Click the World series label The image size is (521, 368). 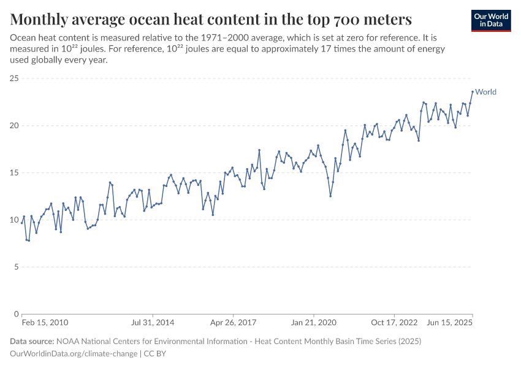tap(485, 92)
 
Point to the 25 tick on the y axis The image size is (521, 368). tap(14, 79)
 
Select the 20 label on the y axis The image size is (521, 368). tap(14, 126)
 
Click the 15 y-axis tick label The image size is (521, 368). tap(14, 173)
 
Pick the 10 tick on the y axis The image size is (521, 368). tap(14, 220)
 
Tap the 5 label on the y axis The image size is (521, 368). tap(17, 267)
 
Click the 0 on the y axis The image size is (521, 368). tap(17, 314)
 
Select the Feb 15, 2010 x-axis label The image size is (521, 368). tap(45, 323)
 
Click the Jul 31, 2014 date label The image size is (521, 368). tap(153, 323)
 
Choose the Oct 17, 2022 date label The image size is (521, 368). tap(394, 323)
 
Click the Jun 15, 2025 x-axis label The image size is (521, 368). tap(449, 323)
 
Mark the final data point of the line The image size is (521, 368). tap(473, 91)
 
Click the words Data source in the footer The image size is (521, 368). tap(32, 342)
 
